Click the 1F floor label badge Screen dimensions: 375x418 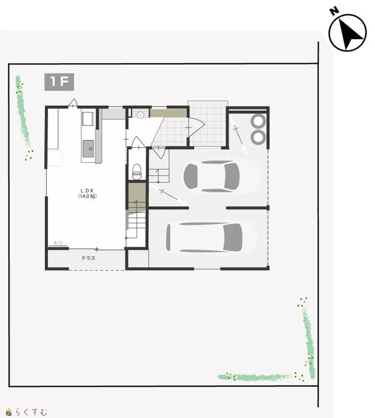59,82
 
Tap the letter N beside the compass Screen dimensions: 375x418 334,11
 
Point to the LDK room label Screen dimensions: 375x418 87,191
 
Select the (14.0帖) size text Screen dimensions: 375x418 87,196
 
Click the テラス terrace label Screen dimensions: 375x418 88,258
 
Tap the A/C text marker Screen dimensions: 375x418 58,243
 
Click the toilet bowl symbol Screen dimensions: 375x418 137,171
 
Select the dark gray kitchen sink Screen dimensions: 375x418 88,149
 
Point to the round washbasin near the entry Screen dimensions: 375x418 141,115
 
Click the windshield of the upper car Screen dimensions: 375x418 232,176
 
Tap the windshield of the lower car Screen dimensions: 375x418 233,237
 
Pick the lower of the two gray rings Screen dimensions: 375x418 258,137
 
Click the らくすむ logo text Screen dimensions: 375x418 31,412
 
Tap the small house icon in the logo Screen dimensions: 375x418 9,412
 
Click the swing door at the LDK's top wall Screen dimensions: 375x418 73,103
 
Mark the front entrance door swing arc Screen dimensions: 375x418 197,128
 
